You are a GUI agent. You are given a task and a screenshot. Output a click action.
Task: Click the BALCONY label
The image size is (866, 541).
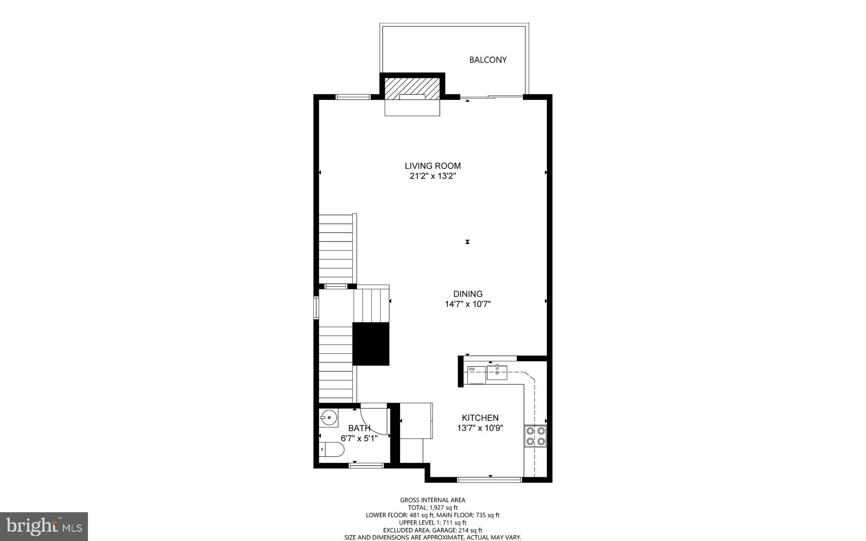pyautogui.click(x=488, y=60)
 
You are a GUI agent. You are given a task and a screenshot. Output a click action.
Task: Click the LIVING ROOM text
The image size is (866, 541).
pyautogui.click(x=433, y=166)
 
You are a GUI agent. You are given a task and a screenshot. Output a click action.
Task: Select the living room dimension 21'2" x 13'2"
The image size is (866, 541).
pyautogui.click(x=433, y=176)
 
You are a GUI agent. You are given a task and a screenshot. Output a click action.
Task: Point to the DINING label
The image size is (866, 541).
pyautogui.click(x=468, y=294)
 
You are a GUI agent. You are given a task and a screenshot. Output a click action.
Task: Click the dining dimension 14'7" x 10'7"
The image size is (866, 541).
pyautogui.click(x=468, y=304)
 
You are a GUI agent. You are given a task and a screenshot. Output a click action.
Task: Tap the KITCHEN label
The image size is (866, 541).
pyautogui.click(x=480, y=418)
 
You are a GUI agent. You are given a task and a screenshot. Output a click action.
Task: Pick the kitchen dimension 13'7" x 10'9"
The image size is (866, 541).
pyautogui.click(x=480, y=428)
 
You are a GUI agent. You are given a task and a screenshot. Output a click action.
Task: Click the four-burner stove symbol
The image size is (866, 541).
pyautogui.click(x=535, y=437)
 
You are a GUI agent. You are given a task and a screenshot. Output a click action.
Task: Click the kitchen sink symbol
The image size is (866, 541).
pyautogui.click(x=497, y=373)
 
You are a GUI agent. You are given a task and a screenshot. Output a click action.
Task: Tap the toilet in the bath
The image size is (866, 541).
pyautogui.click(x=332, y=449)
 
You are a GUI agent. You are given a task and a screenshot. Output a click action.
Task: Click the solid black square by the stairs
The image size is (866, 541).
pyautogui.click(x=371, y=344)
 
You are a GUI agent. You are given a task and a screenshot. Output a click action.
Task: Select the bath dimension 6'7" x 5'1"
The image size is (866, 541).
pyautogui.click(x=359, y=439)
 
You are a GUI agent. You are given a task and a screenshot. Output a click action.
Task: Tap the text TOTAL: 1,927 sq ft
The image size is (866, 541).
pyautogui.click(x=433, y=508)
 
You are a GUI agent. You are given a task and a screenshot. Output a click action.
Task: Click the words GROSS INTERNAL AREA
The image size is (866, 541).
pyautogui.click(x=433, y=500)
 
